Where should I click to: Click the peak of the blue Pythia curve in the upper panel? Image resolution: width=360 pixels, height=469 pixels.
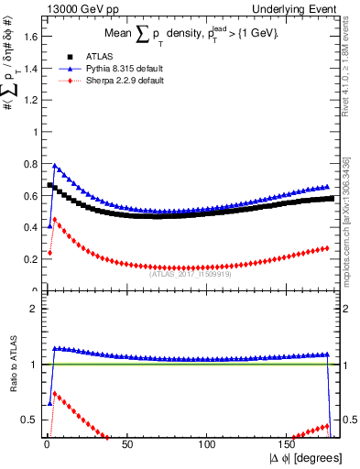click(55, 166)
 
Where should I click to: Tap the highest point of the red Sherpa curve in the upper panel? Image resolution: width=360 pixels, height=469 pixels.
click(55, 219)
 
